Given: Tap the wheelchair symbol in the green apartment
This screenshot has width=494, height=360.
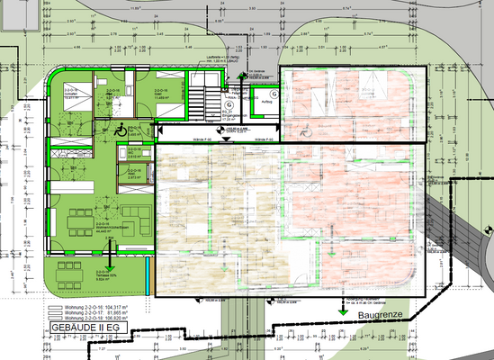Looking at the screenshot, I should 121,129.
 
